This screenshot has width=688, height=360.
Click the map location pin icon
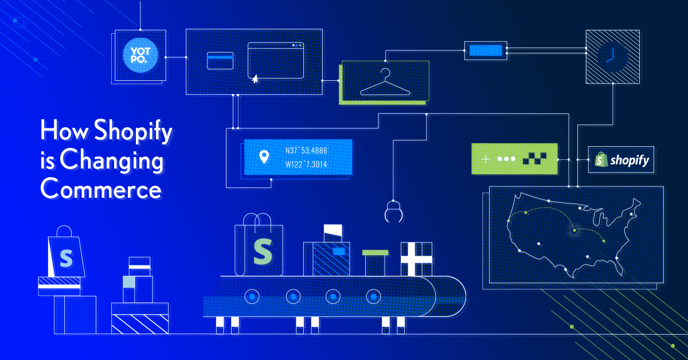click(264, 156)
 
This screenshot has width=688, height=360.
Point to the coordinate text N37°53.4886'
click(307, 151)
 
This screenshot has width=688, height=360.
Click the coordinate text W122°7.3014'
click(307, 165)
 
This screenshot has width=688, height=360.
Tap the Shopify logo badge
click(622, 160)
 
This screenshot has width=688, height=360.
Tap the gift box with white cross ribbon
click(416, 259)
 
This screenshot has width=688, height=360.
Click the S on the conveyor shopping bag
click(263, 251)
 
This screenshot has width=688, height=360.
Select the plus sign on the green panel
click(486, 159)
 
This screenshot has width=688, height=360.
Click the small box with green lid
click(375, 263)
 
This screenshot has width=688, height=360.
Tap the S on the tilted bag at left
click(66, 257)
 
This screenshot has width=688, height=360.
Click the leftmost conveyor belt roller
click(252, 296)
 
